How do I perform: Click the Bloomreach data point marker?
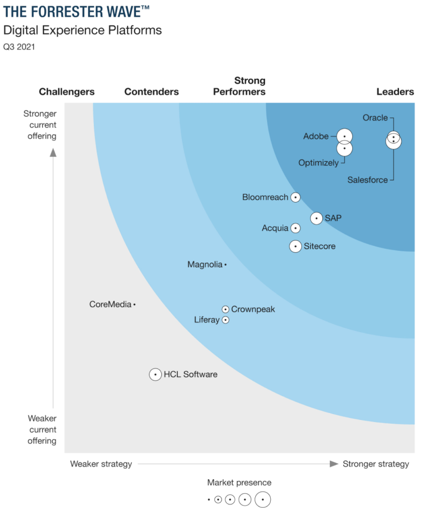(x=295, y=198)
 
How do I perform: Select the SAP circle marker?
(x=316, y=218)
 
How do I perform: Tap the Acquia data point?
(x=295, y=228)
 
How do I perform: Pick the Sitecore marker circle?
(x=295, y=246)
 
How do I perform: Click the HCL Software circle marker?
(x=155, y=374)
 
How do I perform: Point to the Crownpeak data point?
(x=226, y=309)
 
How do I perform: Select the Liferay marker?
(x=226, y=320)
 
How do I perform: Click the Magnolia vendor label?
(x=205, y=264)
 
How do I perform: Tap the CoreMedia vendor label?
(x=110, y=304)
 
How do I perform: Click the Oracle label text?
(x=375, y=118)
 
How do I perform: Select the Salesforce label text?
(x=367, y=180)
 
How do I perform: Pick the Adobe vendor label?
(x=316, y=136)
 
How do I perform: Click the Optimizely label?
(x=319, y=162)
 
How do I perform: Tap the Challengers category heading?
(x=66, y=92)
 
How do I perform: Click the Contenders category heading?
(x=151, y=92)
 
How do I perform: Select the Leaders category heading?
(x=395, y=92)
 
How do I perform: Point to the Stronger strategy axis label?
(x=375, y=464)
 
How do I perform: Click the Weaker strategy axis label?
(x=101, y=464)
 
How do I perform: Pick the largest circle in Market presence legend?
(x=262, y=499)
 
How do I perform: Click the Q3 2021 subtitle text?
(x=19, y=47)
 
